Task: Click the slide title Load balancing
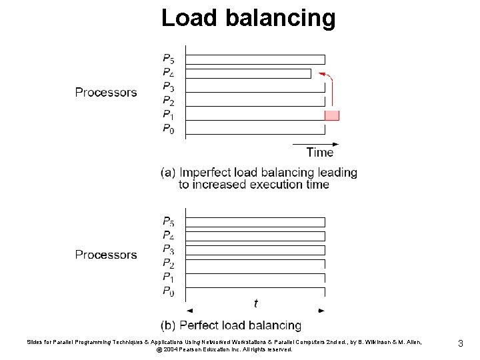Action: [x=248, y=17]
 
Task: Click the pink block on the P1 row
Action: [x=332, y=115]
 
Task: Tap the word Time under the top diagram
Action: [x=320, y=153]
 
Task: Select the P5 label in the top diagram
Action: [x=169, y=59]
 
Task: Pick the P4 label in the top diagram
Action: [x=169, y=73]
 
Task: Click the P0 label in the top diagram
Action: [x=169, y=129]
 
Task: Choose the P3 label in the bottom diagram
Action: [x=169, y=249]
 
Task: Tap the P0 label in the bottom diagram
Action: [x=169, y=291]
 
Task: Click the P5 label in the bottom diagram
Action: [x=169, y=221]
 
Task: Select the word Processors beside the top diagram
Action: [x=106, y=92]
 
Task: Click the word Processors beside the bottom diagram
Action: [x=106, y=255]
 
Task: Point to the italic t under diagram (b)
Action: [x=256, y=303]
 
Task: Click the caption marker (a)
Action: [x=169, y=173]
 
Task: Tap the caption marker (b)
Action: [x=169, y=325]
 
